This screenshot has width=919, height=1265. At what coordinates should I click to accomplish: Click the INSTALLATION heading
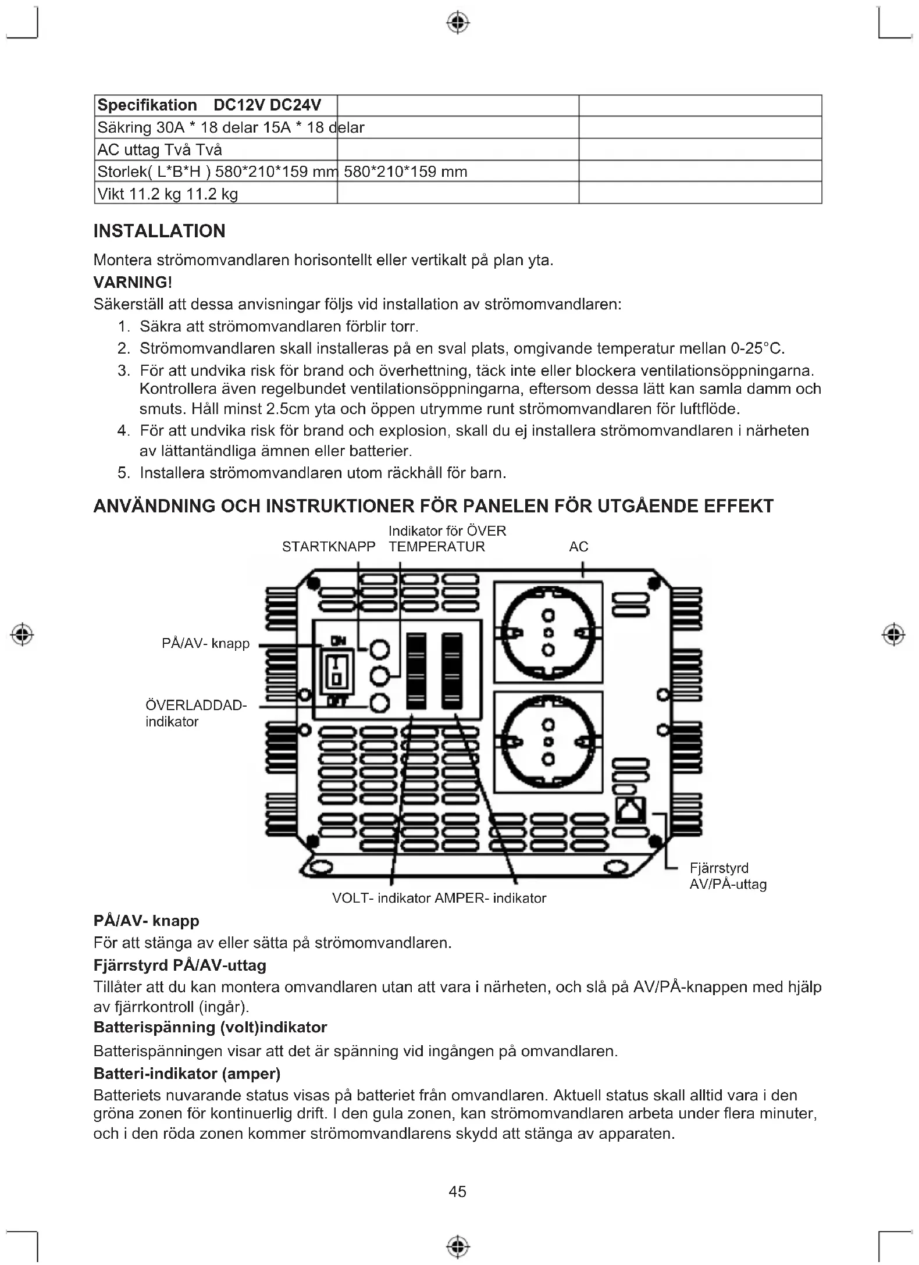point(159,231)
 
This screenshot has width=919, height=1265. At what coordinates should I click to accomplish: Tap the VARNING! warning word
point(133,282)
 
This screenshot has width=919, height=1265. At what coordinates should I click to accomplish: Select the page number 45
point(458,1192)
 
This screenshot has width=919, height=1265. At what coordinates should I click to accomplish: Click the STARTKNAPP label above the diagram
point(329,547)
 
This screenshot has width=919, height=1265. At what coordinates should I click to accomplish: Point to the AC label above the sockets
point(579,547)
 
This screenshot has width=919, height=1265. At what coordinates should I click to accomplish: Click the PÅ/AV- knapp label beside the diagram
point(205,643)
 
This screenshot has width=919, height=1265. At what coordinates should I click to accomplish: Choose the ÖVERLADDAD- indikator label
point(195,713)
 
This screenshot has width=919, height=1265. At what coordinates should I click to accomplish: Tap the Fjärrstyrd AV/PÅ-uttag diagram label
point(728,876)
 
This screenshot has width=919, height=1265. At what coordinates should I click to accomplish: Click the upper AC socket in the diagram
point(548,632)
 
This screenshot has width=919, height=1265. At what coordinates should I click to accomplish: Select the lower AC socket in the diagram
point(548,742)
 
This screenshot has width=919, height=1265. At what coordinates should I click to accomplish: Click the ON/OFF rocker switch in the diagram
point(337,670)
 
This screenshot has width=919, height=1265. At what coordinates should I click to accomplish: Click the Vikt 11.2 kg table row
point(168,194)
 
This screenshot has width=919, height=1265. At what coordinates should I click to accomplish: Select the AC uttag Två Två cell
point(160,149)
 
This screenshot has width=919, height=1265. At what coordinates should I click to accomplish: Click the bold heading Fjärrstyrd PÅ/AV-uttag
point(180,965)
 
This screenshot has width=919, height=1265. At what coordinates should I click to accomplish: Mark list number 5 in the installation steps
point(123,473)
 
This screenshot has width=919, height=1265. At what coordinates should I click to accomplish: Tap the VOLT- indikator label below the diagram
point(381,898)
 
